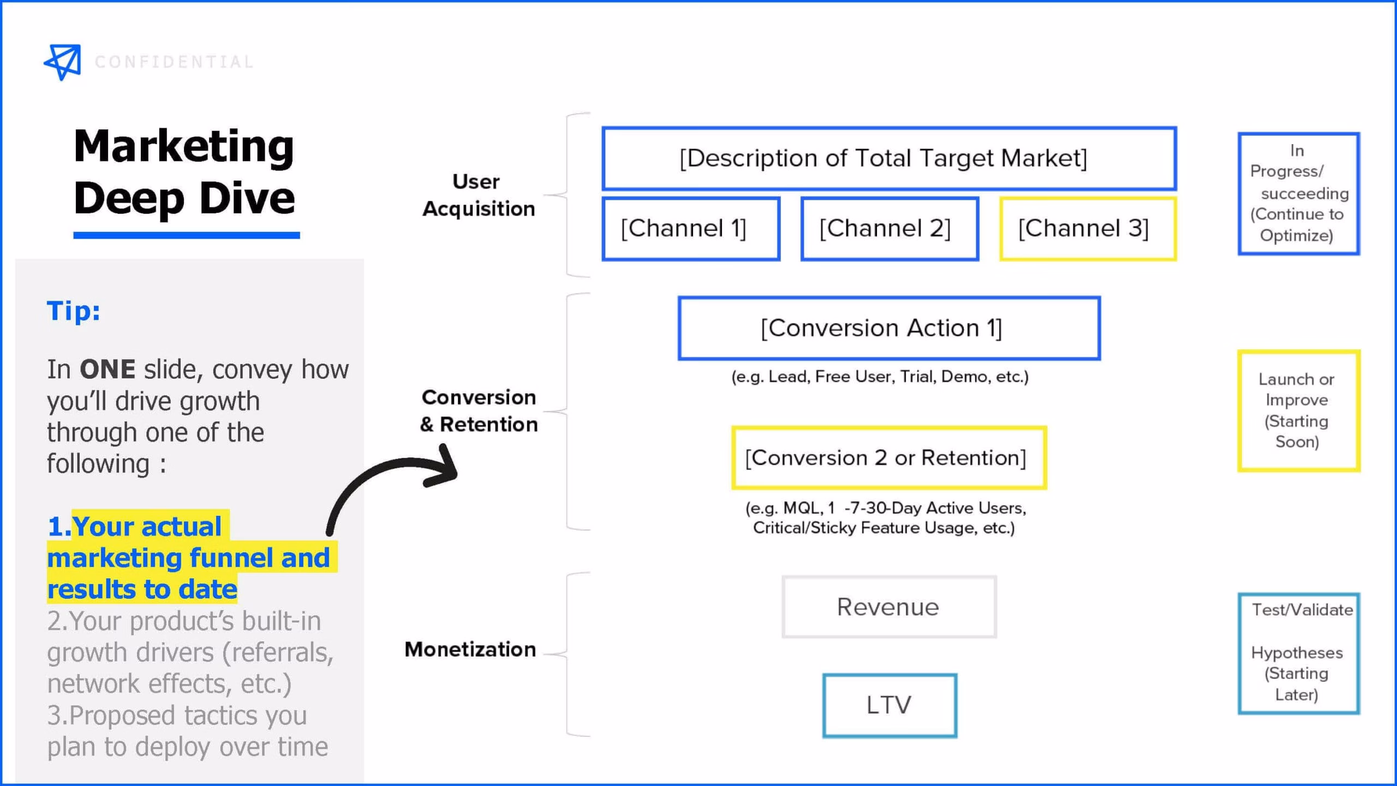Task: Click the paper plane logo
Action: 63,62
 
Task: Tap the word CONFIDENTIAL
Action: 174,62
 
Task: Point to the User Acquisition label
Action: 479,195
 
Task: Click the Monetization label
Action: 470,650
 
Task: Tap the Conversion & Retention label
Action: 479,410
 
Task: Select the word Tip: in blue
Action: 74,311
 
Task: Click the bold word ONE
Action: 108,370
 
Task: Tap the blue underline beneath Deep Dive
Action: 187,235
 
